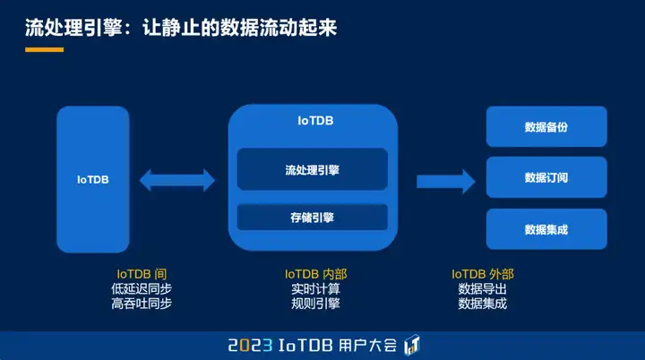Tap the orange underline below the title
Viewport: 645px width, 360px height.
tap(44, 50)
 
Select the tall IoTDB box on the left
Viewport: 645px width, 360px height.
tap(93, 178)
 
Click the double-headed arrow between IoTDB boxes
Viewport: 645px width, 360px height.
tap(177, 179)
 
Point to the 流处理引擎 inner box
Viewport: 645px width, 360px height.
tap(312, 169)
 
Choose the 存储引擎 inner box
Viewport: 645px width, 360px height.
tap(312, 217)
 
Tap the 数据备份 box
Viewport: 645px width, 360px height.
tap(546, 126)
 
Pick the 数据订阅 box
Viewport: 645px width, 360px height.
tap(546, 177)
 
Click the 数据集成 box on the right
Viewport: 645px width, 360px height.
tap(546, 229)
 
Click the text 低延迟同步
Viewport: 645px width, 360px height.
tap(142, 288)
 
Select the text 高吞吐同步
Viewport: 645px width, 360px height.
tap(142, 304)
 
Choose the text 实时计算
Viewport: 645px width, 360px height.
tap(315, 288)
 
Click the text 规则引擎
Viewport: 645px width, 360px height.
tap(315, 304)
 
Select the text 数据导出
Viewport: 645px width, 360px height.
tap(482, 288)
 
